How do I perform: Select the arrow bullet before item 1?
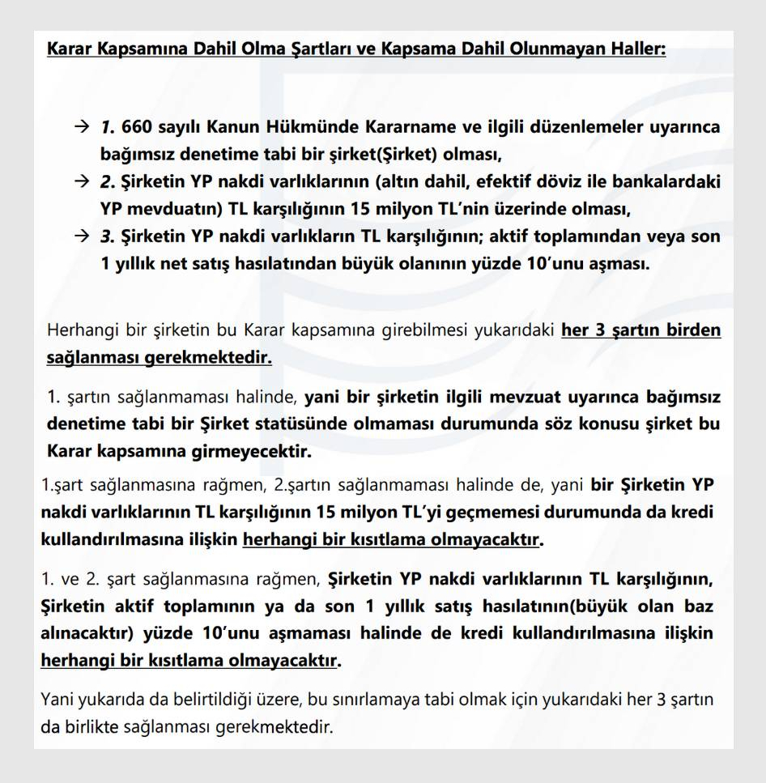pos(80,128)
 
